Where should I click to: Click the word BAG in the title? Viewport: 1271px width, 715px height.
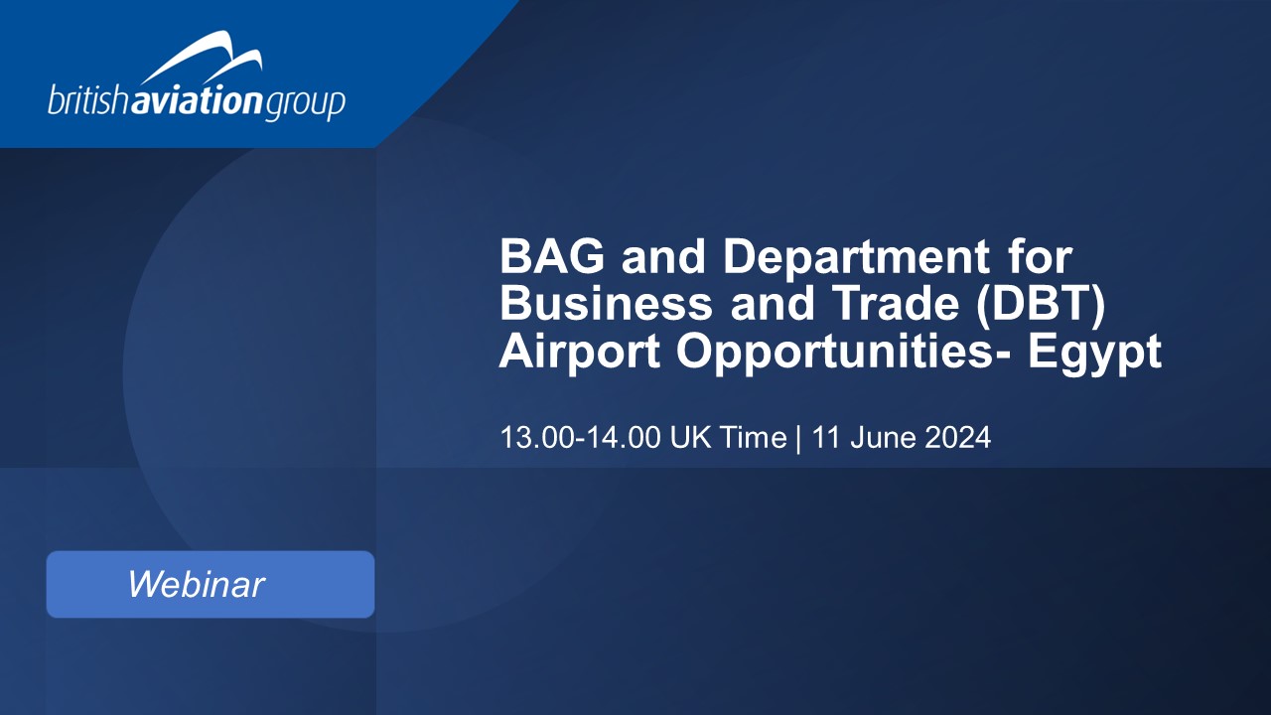[x=552, y=256]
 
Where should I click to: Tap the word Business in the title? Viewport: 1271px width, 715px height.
[x=606, y=304]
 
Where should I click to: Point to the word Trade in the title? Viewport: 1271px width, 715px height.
[x=898, y=304]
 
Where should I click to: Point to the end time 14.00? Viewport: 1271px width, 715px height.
[x=624, y=438]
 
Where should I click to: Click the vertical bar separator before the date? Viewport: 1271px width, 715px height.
[x=799, y=439]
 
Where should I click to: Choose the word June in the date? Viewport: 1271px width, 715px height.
[x=884, y=438]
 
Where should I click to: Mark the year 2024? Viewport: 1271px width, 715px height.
[x=958, y=438]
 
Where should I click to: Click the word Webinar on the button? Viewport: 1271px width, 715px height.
[x=197, y=584]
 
